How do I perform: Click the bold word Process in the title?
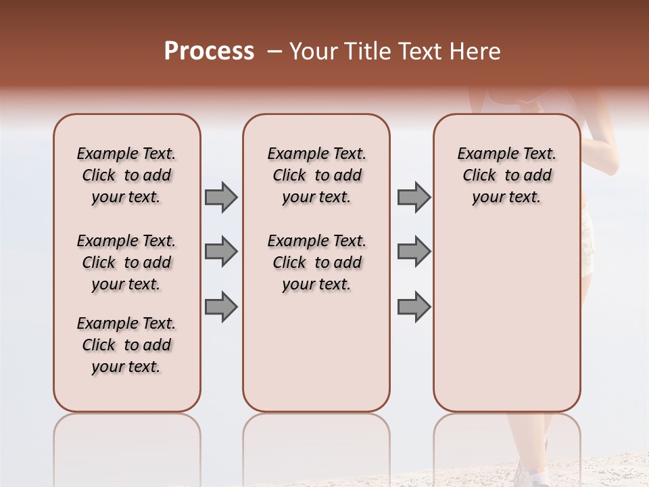coord(209,51)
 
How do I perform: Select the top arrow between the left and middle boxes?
coord(221,197)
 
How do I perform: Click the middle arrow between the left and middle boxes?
coord(221,252)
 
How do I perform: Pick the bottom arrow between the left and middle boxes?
coord(221,306)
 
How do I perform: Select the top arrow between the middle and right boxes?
coord(414,197)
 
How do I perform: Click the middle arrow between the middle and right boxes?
coord(414,252)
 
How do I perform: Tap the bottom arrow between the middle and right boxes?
coord(414,306)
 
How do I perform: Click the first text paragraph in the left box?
coord(126,175)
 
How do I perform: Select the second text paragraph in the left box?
coord(126,262)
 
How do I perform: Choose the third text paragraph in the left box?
coord(126,345)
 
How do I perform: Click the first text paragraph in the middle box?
coord(316,175)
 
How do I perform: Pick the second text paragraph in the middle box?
coord(316,262)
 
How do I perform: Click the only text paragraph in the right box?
coord(507,175)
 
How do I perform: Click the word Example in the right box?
coord(483,154)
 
